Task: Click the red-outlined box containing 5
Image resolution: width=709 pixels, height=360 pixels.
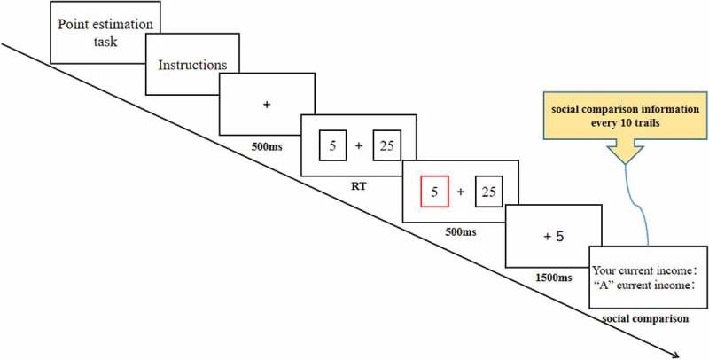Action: pyautogui.click(x=434, y=192)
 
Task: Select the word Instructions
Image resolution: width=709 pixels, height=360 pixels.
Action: pyautogui.click(x=191, y=65)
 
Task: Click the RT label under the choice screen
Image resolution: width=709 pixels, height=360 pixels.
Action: pyautogui.click(x=358, y=188)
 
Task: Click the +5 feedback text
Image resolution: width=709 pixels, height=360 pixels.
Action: pyautogui.click(x=553, y=237)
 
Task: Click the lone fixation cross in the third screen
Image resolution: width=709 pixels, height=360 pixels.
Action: pyautogui.click(x=266, y=105)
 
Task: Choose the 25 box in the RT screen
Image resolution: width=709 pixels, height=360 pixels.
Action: pyautogui.click(x=386, y=145)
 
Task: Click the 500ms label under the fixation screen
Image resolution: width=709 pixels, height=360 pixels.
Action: pyautogui.click(x=266, y=145)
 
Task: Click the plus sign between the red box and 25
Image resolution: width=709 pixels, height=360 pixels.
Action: pyautogui.click(x=461, y=192)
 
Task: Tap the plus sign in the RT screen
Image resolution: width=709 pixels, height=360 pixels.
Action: pyautogui.click(x=359, y=145)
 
